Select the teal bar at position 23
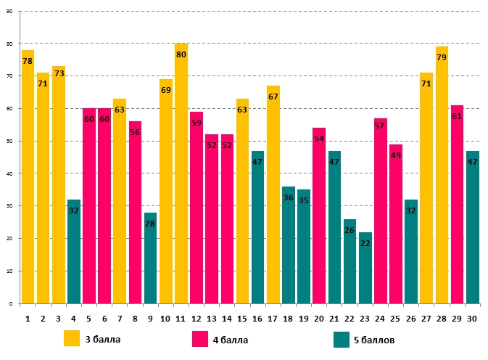365,269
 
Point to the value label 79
442,70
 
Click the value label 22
365,243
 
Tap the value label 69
166,90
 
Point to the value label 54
319,139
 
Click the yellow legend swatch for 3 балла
72,338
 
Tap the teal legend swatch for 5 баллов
342,338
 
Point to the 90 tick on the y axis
9,12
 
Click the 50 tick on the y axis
9,142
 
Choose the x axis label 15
242,318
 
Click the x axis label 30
472,318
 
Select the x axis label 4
73,318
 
